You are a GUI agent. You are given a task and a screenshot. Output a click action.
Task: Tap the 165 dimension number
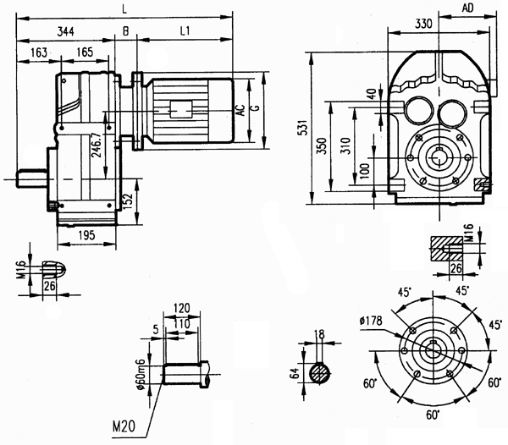click(85, 52)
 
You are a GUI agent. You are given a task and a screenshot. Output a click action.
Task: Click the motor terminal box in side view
click(182, 109)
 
